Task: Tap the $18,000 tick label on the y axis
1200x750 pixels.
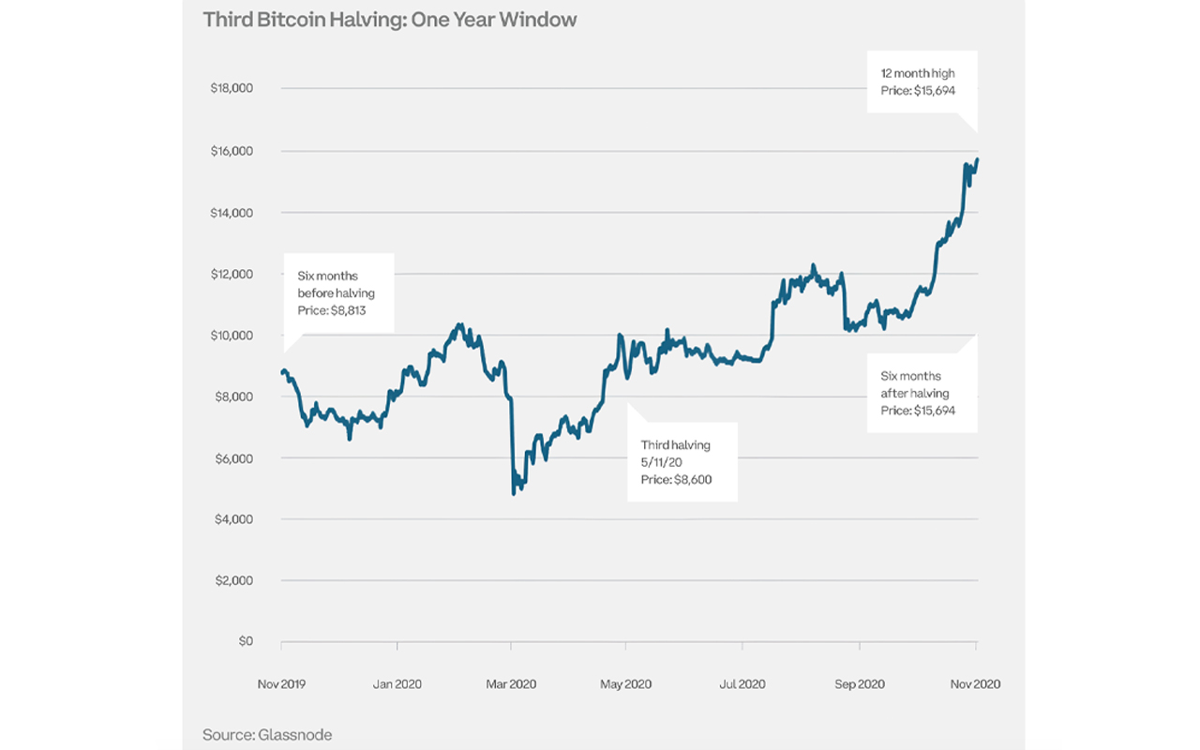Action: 231,88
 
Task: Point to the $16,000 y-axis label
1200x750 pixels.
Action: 231,150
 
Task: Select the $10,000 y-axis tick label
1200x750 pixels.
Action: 231,335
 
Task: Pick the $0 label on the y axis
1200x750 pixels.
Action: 245,641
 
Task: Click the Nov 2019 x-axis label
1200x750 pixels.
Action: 281,683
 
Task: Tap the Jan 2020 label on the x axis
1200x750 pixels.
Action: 397,683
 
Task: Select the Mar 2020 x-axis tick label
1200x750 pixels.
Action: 511,683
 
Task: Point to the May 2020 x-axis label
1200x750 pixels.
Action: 625,683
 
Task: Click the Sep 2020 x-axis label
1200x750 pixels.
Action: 859,683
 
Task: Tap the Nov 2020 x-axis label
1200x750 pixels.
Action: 975,683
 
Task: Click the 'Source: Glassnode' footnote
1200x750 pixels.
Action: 267,734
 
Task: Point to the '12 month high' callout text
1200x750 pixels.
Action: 916,73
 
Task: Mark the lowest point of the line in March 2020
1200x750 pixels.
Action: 514,493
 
